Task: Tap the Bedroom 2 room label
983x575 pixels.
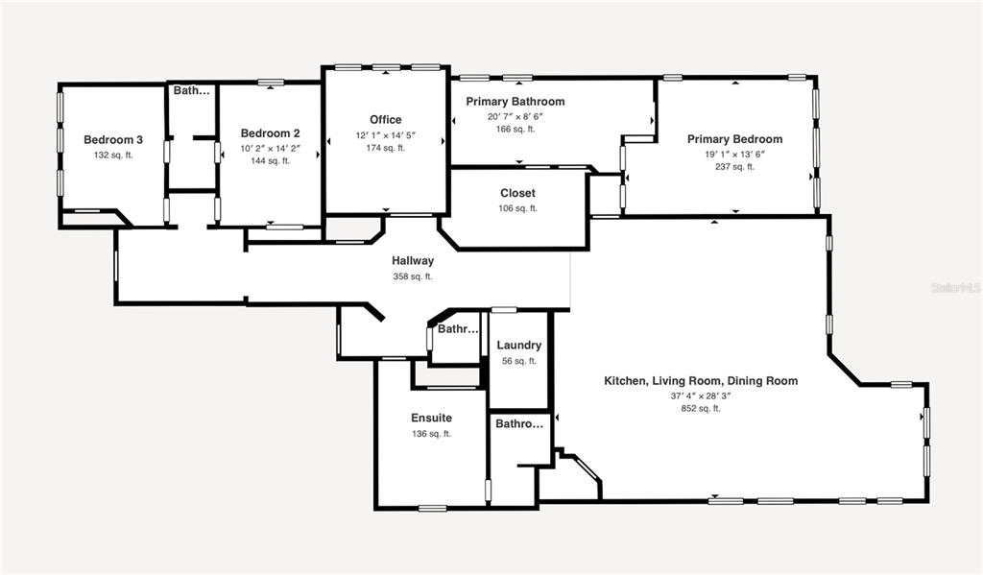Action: tap(270, 133)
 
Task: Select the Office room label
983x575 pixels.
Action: tap(386, 120)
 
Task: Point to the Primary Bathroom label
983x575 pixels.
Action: tap(515, 102)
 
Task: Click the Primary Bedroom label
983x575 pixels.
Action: tap(734, 139)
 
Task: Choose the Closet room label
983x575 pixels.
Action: tap(517, 193)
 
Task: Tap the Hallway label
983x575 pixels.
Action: tap(413, 261)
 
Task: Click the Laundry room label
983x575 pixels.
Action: tap(519, 346)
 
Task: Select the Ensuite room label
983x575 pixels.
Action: tap(431, 419)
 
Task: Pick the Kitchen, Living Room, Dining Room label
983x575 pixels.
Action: tap(701, 381)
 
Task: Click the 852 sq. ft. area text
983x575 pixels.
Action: tap(701, 408)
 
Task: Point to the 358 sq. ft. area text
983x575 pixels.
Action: tap(413, 276)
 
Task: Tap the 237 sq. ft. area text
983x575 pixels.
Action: tap(734, 167)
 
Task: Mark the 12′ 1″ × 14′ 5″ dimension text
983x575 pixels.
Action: tap(386, 134)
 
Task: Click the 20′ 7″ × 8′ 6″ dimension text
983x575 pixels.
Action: tap(515, 116)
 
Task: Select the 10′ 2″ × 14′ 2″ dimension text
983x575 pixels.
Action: tap(270, 149)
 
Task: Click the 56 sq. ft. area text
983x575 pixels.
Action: tap(519, 361)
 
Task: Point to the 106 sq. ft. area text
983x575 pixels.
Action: tap(517, 208)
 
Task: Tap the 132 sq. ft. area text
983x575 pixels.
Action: tap(113, 155)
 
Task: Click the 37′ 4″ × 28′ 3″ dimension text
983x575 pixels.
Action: tap(701, 395)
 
